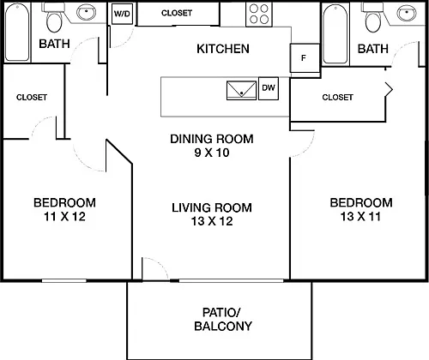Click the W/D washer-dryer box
122,14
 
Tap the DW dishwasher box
269,88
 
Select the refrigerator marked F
305,58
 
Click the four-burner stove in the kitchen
259,15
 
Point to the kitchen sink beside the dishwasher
242,91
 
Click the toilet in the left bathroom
54,18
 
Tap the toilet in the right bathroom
373,18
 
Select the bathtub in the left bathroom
17,32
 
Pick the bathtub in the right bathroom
335,33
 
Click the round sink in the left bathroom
87,13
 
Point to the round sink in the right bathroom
407,13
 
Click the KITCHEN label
223,49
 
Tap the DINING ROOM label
212,139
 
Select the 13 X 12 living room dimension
212,221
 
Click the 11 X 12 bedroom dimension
64,217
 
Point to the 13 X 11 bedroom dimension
360,217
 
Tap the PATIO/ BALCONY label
223,320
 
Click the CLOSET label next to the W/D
177,13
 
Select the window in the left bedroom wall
64,281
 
